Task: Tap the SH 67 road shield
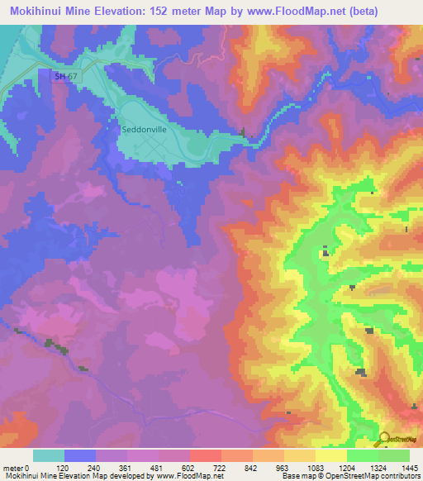[x=51, y=75]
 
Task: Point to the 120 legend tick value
[x=64, y=467]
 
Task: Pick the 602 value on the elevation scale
[x=189, y=467]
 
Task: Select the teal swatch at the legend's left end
[x=49, y=455]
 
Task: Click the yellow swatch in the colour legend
[x=330, y=455]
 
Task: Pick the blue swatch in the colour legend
[x=80, y=455]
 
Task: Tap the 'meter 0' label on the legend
[x=17, y=467]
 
